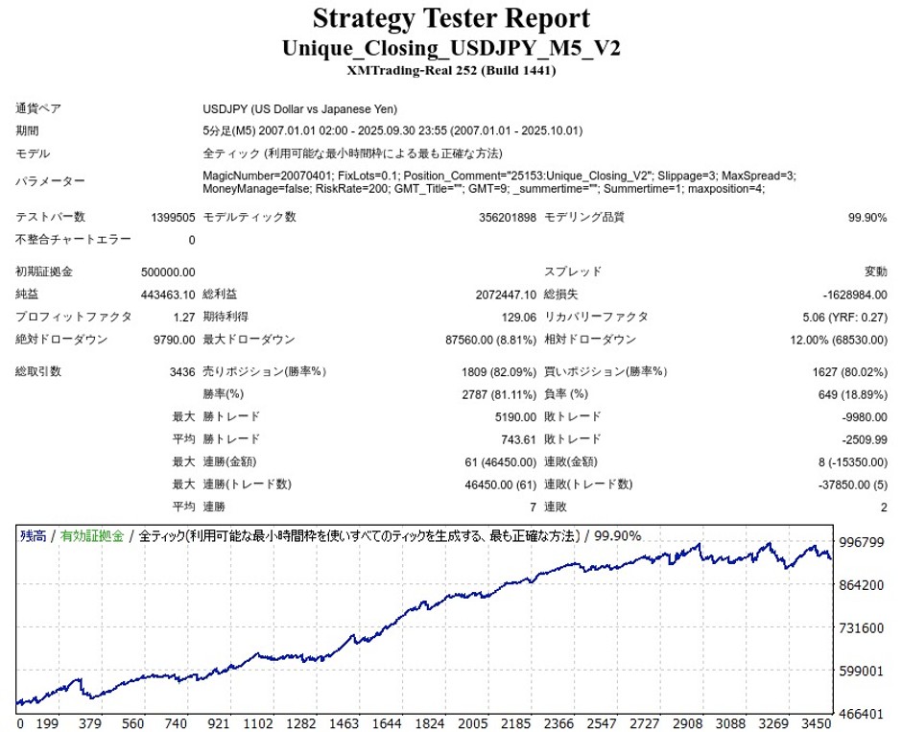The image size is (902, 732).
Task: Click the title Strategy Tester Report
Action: point(451,18)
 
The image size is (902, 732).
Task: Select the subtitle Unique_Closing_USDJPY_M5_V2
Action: point(451,48)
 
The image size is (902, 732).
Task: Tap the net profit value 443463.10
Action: point(168,295)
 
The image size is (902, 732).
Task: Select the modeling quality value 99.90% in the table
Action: point(867,218)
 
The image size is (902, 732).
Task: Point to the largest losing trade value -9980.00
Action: point(862,416)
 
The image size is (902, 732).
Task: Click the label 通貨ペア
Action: point(38,109)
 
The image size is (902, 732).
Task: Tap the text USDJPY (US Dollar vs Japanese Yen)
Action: point(300,109)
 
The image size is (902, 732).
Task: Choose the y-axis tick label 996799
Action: point(861,543)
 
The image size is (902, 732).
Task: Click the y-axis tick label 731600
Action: point(861,627)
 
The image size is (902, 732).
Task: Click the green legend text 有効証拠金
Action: point(92,536)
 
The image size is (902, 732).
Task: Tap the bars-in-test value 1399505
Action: point(173,218)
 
